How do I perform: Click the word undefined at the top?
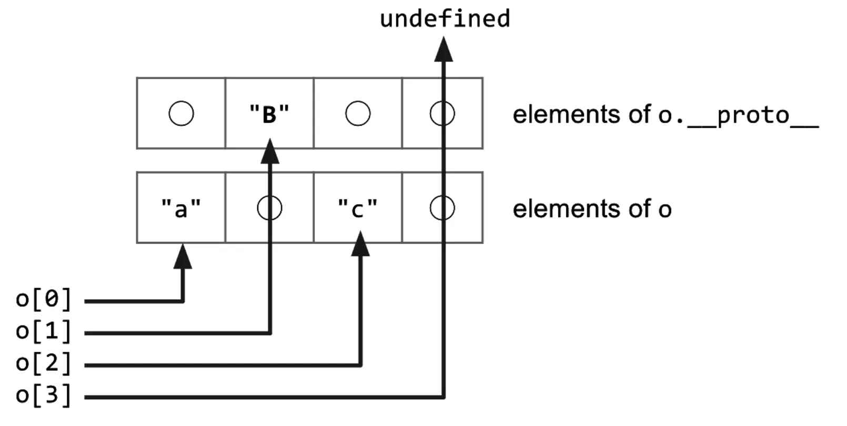pyautogui.click(x=445, y=19)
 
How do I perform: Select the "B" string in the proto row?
pyautogui.click(x=269, y=114)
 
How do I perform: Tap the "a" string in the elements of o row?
pyautogui.click(x=181, y=208)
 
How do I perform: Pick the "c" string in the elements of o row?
pyautogui.click(x=358, y=208)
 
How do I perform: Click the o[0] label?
pyautogui.click(x=44, y=299)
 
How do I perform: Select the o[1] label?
pyautogui.click(x=44, y=331)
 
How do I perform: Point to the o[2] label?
pyautogui.click(x=44, y=363)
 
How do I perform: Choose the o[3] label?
pyautogui.click(x=44, y=395)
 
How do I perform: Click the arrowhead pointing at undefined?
pyautogui.click(x=443, y=49)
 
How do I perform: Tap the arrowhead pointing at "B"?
pyautogui.click(x=269, y=151)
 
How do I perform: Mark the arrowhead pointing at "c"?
pyautogui.click(x=360, y=244)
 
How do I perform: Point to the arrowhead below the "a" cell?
pyautogui.click(x=183, y=257)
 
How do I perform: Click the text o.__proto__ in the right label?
pyautogui.click(x=739, y=115)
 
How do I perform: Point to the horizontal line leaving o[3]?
pyautogui.click(x=264, y=397)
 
